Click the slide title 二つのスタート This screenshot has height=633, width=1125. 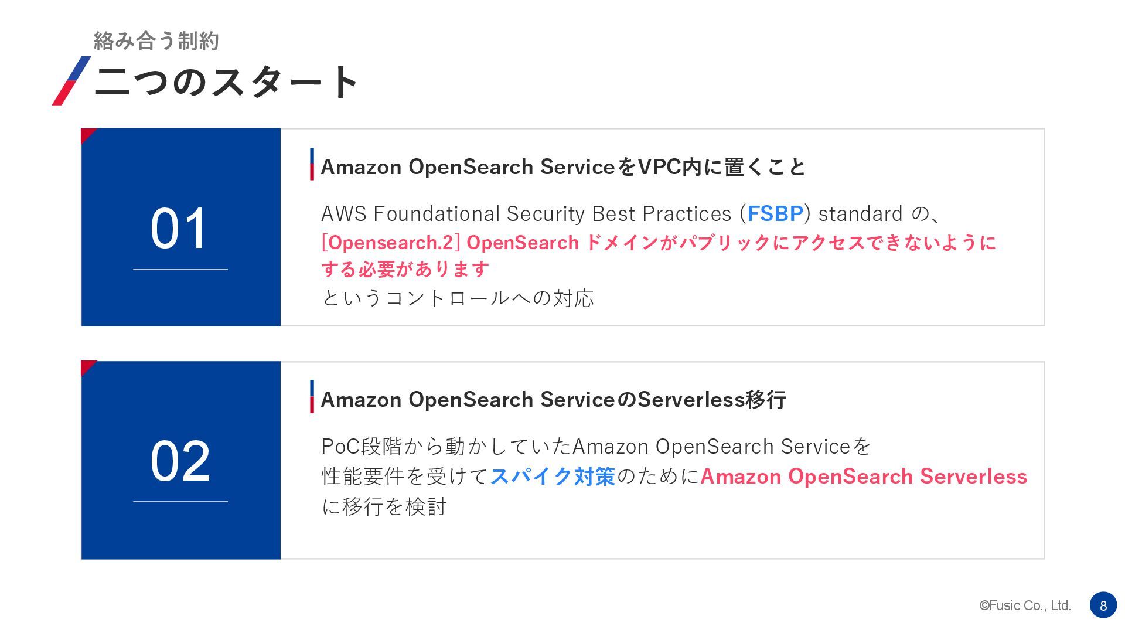pyautogui.click(x=226, y=81)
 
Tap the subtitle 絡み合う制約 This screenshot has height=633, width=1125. pyautogui.click(x=156, y=41)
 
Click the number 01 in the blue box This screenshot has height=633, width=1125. pyautogui.click(x=179, y=228)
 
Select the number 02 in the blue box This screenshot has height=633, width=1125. pyautogui.click(x=180, y=461)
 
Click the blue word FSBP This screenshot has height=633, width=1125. pyautogui.click(x=775, y=214)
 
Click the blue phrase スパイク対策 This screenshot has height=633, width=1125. pyautogui.click(x=553, y=477)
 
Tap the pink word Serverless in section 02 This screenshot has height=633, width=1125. pyautogui.click(x=973, y=477)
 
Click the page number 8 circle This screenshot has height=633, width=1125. pyautogui.click(x=1103, y=605)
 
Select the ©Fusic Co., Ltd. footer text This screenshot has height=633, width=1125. pyautogui.click(x=1025, y=605)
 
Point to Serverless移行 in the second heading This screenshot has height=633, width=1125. pyautogui.click(x=711, y=400)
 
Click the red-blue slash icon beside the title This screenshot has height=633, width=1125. pyautogui.click(x=71, y=81)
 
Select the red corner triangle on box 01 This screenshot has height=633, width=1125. pyautogui.click(x=87, y=134)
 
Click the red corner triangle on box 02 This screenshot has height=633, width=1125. pyautogui.click(x=87, y=367)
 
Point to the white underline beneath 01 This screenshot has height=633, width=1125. pyautogui.click(x=180, y=270)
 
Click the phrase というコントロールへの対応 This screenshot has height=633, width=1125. pyautogui.click(x=458, y=298)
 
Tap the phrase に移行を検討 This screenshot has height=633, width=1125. pyautogui.click(x=384, y=506)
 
